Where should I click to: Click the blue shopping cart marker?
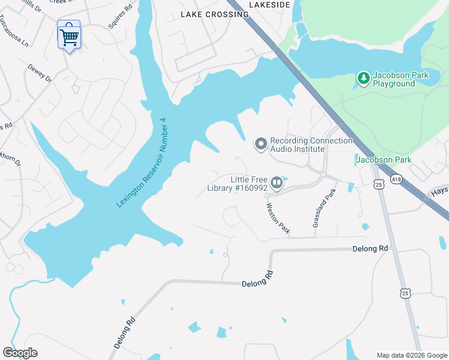tap(69, 37)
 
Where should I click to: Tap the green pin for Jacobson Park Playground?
tap(363, 77)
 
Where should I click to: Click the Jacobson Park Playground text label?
tap(394, 80)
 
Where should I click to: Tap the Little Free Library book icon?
tap(277, 182)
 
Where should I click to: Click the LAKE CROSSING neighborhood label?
tap(214, 14)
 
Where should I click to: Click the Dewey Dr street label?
tap(40, 74)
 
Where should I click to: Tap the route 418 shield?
tap(396, 178)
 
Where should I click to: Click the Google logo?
tap(20, 353)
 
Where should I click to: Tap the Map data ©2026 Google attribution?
tap(412, 355)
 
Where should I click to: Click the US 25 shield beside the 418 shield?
tap(379, 184)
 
